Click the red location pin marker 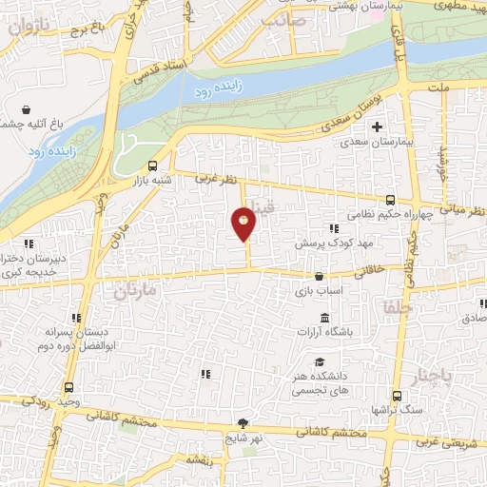coord(244,224)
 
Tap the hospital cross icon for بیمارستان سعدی coord(378,127)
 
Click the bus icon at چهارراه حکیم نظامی coord(390,200)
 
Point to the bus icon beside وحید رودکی coord(67,388)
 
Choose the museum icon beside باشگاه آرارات coord(325,317)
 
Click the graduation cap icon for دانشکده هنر coord(321,361)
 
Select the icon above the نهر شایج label coord(244,423)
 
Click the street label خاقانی coord(371,270)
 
